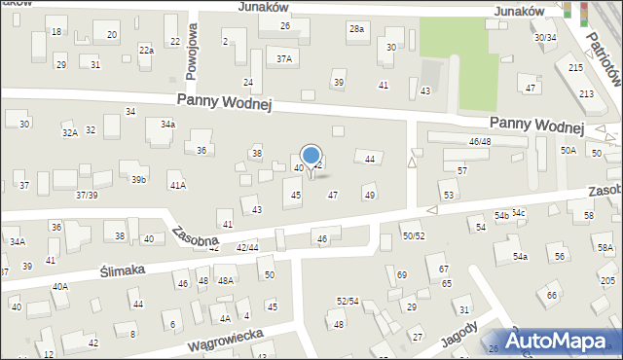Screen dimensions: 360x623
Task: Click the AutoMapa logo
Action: (560, 341)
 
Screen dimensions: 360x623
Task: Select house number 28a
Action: (357, 29)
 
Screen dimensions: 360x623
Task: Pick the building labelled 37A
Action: (283, 58)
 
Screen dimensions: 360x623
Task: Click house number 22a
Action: (146, 50)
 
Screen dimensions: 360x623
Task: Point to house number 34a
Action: (167, 125)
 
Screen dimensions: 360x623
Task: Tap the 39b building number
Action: (139, 179)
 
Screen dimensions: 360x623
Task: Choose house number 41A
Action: (177, 185)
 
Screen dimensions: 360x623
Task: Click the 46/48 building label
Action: (480, 142)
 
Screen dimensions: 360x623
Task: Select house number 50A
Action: (568, 151)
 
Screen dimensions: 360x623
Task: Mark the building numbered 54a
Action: (521, 256)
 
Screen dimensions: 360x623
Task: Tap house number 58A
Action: (605, 248)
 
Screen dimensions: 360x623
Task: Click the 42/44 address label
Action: (247, 248)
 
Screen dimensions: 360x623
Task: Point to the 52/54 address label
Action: (348, 301)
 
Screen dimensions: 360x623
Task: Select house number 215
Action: (576, 67)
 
